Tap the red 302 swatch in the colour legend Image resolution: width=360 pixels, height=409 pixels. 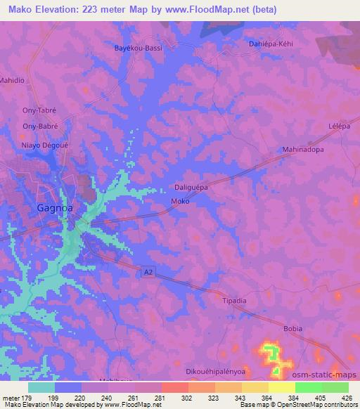(175, 387)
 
